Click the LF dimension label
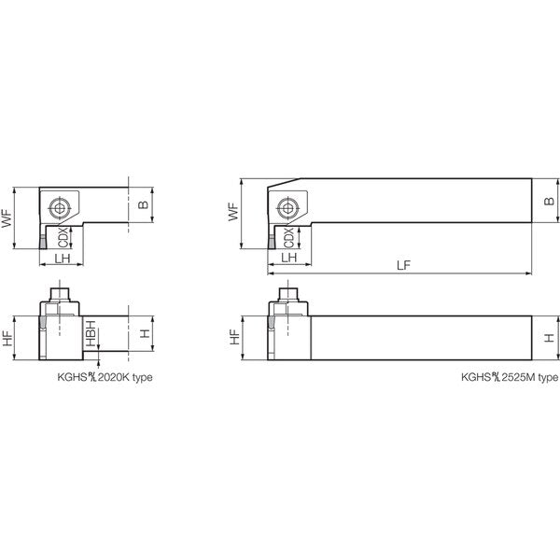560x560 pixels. pos(403,265)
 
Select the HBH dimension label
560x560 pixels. pos(91,333)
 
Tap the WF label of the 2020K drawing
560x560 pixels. pos(7,217)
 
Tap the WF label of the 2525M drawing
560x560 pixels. pos(233,212)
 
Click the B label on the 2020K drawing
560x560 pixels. pos(143,204)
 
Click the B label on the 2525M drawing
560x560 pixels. pos(549,201)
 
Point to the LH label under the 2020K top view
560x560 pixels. pos(63,259)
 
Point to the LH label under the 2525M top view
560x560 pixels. pos(289,258)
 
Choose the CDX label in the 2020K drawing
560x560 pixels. pos(63,237)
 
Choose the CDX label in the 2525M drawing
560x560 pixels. pos(289,237)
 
